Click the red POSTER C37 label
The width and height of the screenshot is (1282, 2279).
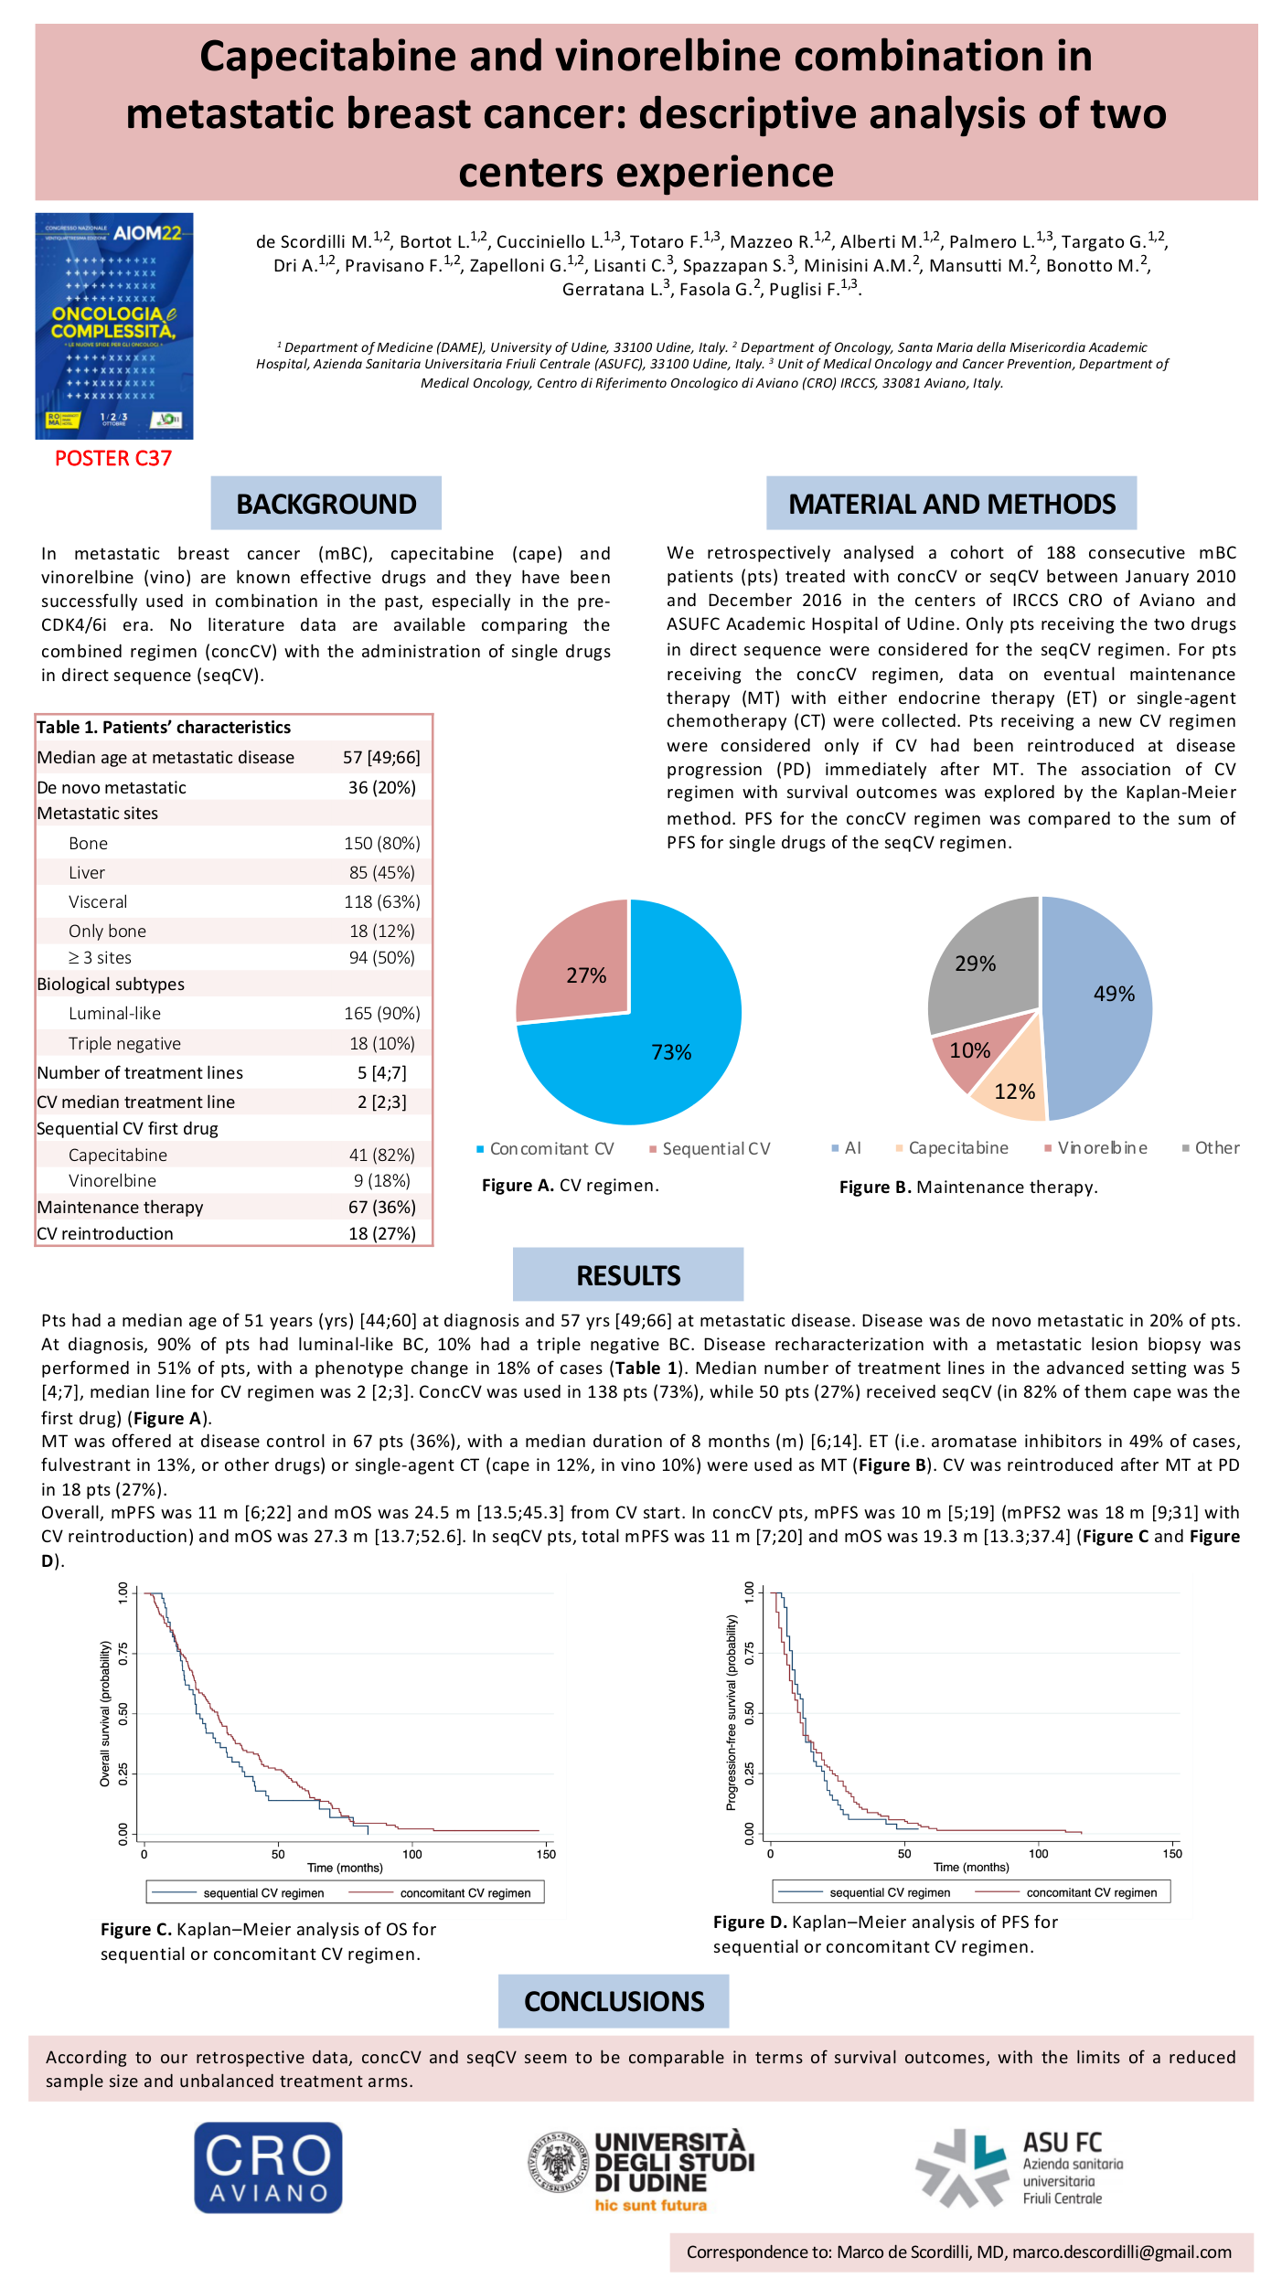[x=113, y=458]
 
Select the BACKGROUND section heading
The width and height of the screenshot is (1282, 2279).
[x=326, y=504]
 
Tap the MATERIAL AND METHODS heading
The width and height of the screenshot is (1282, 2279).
[x=951, y=504]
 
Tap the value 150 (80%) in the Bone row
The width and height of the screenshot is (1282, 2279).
[x=382, y=843]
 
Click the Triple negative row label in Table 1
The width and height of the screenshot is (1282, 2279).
[x=124, y=1043]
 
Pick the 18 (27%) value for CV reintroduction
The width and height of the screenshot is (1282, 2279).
[x=382, y=1233]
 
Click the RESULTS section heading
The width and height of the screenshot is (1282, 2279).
[x=628, y=1275]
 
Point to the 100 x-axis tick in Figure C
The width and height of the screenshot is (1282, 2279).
[x=412, y=1854]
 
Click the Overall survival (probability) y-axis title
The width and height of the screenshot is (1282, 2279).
[x=105, y=1713]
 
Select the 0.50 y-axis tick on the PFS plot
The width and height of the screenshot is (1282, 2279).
[x=750, y=1712]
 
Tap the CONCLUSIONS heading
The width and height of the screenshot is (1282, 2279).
[x=614, y=2001]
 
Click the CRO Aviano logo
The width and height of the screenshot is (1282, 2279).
[x=268, y=2167]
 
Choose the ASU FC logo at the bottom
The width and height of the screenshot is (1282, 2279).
[x=1019, y=2167]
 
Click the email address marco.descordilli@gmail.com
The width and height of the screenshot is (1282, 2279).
[x=1122, y=2252]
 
